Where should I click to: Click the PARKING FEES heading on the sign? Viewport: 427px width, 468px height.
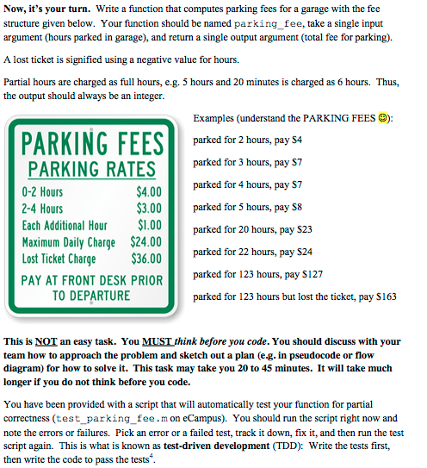pos(92,142)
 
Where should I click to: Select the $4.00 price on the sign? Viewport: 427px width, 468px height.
pos(148,191)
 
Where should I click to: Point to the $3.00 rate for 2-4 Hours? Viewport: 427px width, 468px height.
pos(148,209)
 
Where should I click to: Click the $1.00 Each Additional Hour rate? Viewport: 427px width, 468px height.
pos(150,226)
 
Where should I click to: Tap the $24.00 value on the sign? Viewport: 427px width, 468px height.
pos(146,242)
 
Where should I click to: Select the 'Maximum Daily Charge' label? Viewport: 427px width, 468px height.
pos(68,242)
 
